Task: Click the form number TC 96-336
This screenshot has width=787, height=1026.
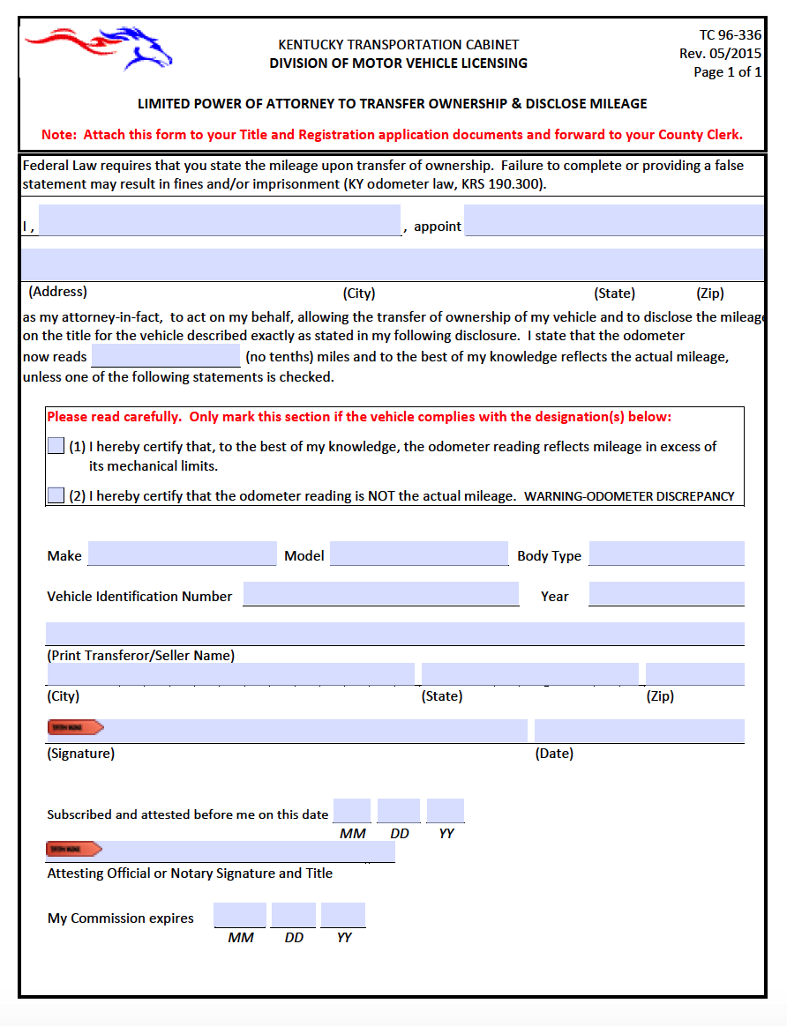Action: [730, 35]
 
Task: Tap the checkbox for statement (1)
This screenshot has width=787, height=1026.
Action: [56, 446]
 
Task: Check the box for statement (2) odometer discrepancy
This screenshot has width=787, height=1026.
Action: [56, 495]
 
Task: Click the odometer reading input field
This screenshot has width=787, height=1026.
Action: [165, 356]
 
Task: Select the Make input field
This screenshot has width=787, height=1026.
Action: [182, 554]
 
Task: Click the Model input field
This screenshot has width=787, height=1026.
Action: [418, 554]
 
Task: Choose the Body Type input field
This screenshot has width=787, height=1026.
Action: [666, 554]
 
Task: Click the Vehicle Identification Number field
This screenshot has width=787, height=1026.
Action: [380, 594]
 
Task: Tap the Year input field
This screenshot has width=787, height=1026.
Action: [666, 594]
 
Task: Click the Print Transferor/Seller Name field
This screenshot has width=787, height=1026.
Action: [394, 634]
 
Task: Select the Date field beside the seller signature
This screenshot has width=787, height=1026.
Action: [639, 731]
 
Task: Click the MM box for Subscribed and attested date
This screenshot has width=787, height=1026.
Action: [352, 811]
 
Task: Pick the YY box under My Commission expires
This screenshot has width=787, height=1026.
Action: [343, 915]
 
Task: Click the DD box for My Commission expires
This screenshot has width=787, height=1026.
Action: [293, 915]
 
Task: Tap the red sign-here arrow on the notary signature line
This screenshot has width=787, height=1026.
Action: [74, 849]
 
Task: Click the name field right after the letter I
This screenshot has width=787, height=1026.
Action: [220, 220]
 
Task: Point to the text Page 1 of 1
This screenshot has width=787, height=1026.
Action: [727, 72]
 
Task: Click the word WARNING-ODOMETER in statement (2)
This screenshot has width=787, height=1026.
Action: [588, 496]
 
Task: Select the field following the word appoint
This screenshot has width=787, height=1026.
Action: [613, 220]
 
